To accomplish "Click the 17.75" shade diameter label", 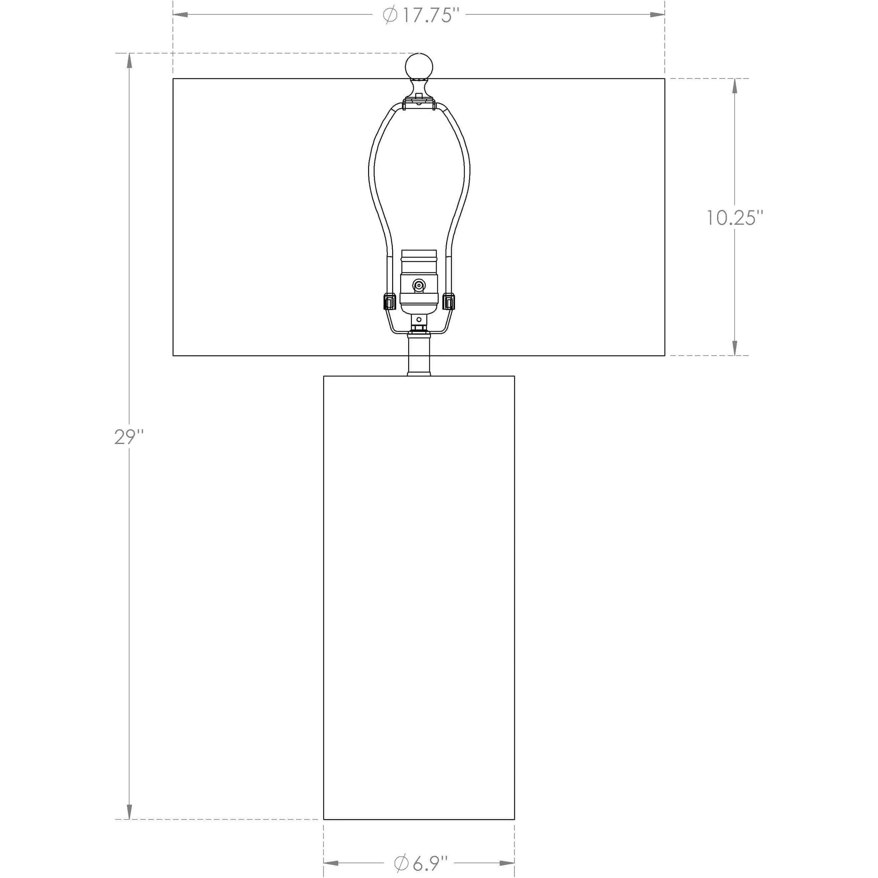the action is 419,15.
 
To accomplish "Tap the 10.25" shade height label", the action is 733,218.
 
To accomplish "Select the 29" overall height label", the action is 129,437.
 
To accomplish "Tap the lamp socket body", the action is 419,282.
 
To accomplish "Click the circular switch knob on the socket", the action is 419,285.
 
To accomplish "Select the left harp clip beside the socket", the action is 389,301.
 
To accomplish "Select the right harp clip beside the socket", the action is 449,301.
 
